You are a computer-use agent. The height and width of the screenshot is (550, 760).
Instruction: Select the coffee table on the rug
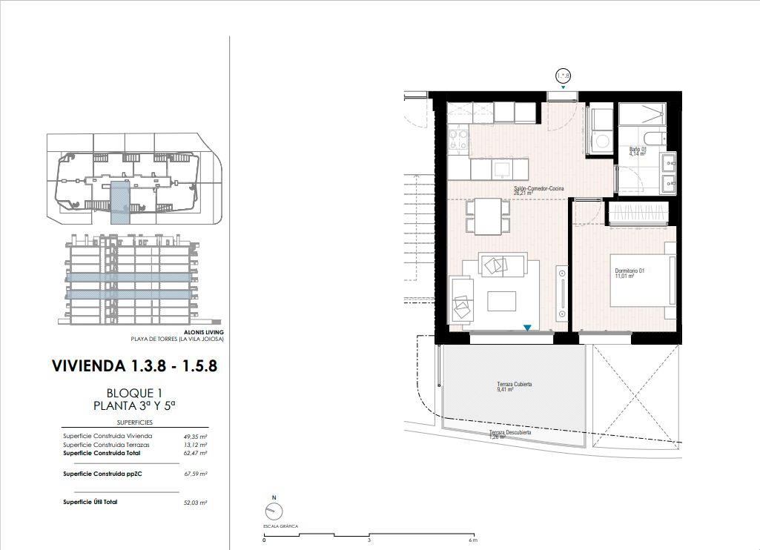click(x=501, y=301)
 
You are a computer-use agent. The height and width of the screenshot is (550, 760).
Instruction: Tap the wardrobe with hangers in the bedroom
click(x=638, y=213)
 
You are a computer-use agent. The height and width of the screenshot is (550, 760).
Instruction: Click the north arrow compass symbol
click(x=273, y=511)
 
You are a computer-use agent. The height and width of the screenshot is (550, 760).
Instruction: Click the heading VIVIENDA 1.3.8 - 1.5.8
click(x=135, y=366)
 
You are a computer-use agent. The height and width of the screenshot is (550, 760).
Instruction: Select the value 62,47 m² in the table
click(x=195, y=453)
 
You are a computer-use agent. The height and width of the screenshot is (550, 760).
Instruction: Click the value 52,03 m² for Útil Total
click(x=195, y=503)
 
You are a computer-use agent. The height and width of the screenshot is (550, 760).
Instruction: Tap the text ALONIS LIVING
click(x=202, y=332)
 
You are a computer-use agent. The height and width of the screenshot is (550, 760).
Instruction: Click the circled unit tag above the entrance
click(x=564, y=76)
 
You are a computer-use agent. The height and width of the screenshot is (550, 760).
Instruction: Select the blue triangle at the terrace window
click(x=527, y=327)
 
